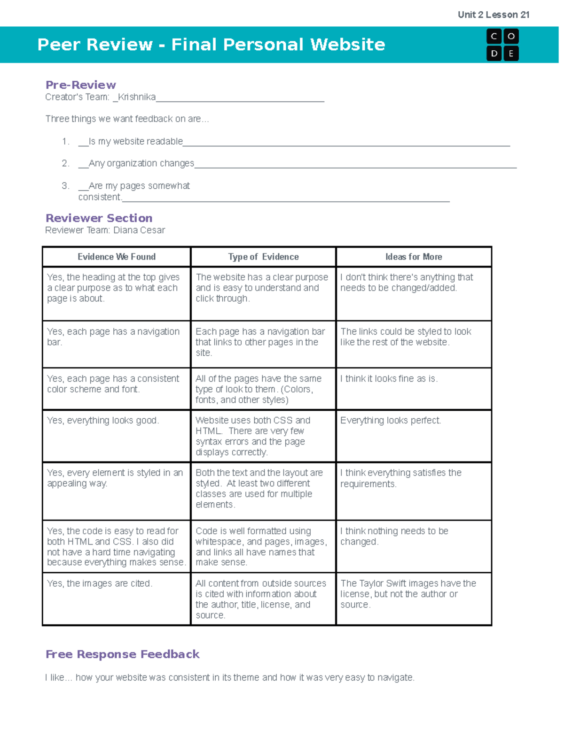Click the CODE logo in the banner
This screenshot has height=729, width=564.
[x=502, y=45]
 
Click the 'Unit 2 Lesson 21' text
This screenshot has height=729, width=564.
[x=493, y=15]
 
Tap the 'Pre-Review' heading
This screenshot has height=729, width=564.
[x=80, y=85]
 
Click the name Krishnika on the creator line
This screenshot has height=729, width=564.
[x=137, y=97]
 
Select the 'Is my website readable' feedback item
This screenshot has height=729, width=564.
[x=135, y=141]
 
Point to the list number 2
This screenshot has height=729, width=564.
[x=65, y=163]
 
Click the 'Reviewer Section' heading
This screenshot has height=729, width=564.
[x=99, y=218]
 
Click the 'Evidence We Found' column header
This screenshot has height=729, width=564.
[x=116, y=257]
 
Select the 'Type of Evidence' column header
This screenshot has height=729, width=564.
[x=263, y=257]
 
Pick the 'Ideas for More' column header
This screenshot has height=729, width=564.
[x=414, y=257]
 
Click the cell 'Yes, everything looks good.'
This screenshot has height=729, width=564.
[x=103, y=421]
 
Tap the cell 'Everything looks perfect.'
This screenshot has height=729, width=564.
[x=390, y=421]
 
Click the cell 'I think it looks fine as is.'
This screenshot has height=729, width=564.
[x=389, y=379]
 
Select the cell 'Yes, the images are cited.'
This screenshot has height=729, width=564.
[x=100, y=583]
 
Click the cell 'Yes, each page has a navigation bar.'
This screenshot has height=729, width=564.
[x=113, y=337]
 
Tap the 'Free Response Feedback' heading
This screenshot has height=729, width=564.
[x=122, y=654]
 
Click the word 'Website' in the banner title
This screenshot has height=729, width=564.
[x=348, y=45]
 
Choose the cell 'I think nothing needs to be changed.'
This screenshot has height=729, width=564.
[x=394, y=536]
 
